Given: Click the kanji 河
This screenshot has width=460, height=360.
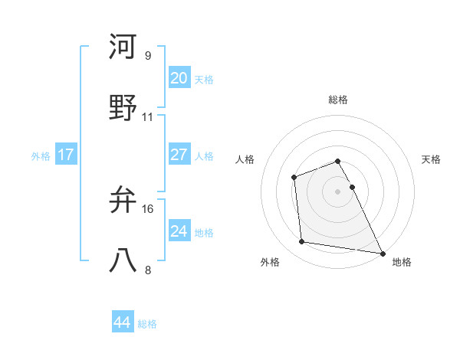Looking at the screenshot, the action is tap(123, 47).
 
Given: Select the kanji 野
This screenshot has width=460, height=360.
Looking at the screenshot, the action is tap(123, 108).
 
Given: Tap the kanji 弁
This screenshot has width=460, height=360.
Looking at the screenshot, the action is tap(123, 200).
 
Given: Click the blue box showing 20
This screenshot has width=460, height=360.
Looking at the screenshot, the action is tap(179, 77).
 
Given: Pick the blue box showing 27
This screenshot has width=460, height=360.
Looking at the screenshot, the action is tap(179, 154).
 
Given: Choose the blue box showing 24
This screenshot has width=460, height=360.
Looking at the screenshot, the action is tap(179, 231).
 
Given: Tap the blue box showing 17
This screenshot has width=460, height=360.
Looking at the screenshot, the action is tap(66, 154).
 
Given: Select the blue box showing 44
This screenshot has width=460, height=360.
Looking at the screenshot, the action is tap(122, 322).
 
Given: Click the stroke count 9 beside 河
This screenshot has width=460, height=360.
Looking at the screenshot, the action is tap(147, 56).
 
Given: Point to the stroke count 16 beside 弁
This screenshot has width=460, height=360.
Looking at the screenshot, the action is tap(149, 208).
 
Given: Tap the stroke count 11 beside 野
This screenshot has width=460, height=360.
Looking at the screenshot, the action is tap(148, 117).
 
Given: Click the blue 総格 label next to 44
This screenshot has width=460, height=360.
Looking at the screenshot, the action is tap(147, 324).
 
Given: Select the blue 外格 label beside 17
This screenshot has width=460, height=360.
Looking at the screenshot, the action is tap(41, 155).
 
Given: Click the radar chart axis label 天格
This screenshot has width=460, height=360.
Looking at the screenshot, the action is tap(431, 159).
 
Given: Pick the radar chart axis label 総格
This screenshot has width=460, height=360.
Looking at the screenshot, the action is tap(338, 100).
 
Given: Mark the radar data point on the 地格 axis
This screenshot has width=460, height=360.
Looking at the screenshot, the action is tap(382, 252).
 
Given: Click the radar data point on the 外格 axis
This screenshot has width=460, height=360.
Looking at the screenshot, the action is tap(302, 242).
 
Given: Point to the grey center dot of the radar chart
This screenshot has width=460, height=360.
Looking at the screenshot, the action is tap(338, 191).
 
